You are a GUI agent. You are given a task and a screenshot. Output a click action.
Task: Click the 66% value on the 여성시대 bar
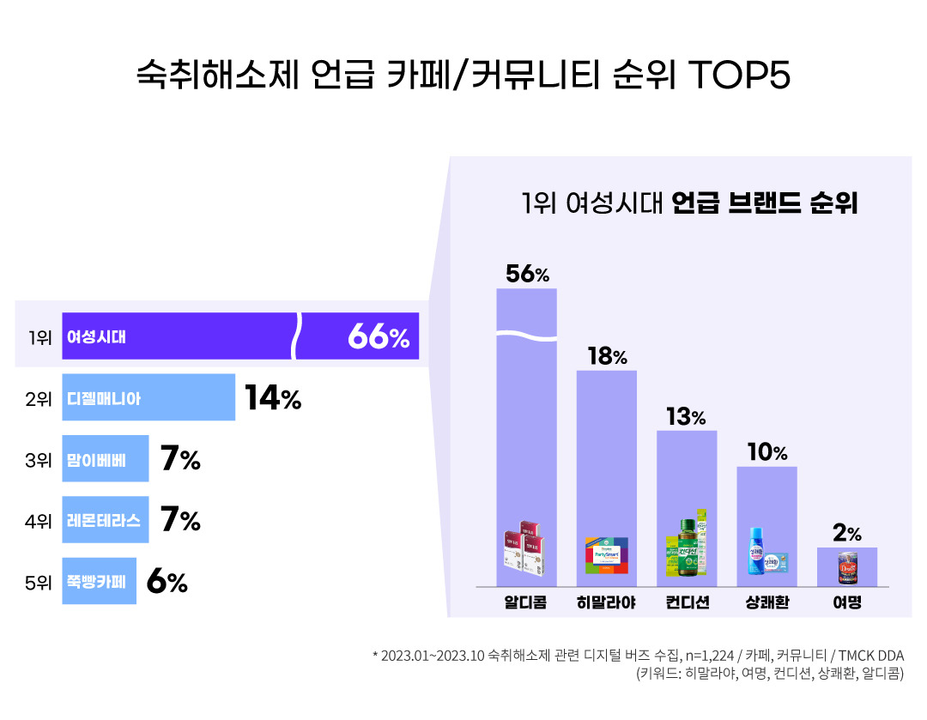[x=379, y=337]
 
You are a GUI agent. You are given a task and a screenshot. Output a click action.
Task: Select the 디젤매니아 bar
[x=148, y=398]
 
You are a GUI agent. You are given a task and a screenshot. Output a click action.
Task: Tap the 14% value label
[x=273, y=398]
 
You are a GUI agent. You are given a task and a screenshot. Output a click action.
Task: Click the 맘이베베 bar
[x=105, y=460]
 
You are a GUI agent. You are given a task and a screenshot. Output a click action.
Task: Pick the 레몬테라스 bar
[x=105, y=520]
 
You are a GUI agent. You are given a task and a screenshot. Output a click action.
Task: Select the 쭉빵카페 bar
[x=99, y=582]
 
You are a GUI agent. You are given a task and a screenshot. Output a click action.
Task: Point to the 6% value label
[x=167, y=582]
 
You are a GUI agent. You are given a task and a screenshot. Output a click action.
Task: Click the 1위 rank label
[x=39, y=337]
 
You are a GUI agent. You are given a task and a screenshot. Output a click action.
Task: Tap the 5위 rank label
[x=39, y=582]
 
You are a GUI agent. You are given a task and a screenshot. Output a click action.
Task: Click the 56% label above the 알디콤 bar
[x=527, y=275]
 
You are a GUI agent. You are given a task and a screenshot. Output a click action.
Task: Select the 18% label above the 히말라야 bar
[x=607, y=357]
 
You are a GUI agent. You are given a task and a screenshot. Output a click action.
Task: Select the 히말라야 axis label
[x=606, y=602]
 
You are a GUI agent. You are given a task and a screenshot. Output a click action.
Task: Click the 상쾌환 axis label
[x=767, y=602]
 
